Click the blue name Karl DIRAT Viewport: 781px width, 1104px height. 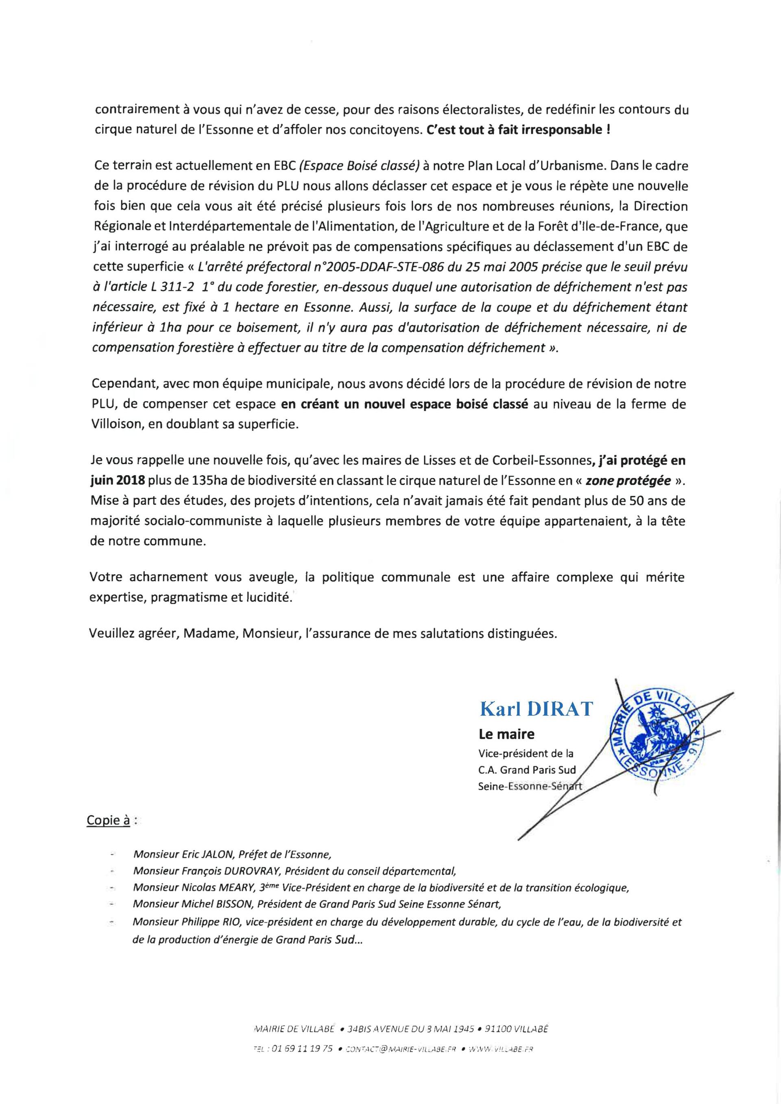point(536,709)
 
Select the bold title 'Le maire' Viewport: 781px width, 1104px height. point(506,734)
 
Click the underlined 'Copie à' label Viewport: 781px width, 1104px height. point(108,821)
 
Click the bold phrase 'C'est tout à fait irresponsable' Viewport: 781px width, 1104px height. point(515,130)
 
